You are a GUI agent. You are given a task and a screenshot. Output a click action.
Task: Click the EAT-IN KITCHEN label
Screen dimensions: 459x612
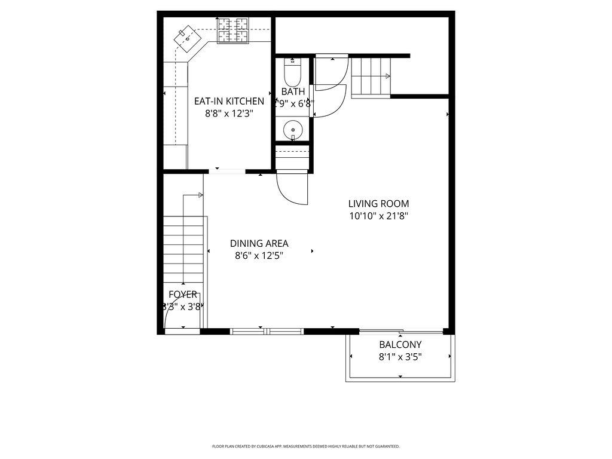(x=229, y=101)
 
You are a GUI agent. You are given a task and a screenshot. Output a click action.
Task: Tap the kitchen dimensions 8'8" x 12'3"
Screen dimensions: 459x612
(x=229, y=113)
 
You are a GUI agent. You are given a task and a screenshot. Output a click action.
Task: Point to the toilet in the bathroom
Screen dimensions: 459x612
(x=292, y=73)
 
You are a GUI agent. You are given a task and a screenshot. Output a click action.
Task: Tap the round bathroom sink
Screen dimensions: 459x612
(x=293, y=128)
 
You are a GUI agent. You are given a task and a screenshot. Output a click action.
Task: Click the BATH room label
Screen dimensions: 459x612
(x=293, y=91)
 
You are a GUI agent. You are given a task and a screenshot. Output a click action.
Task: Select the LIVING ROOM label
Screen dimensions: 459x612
(x=378, y=204)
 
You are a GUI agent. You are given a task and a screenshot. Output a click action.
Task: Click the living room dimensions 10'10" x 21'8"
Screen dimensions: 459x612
(x=378, y=216)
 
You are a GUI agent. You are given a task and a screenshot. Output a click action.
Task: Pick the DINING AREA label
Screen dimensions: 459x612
(x=259, y=243)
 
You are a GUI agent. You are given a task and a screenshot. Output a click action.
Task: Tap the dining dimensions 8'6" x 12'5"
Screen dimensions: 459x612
(x=259, y=256)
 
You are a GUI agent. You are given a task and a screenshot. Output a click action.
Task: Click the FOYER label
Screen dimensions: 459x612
(x=182, y=294)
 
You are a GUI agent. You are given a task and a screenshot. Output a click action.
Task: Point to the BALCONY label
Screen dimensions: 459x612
(x=400, y=345)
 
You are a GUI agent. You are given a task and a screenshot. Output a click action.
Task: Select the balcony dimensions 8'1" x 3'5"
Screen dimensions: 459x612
(x=400, y=357)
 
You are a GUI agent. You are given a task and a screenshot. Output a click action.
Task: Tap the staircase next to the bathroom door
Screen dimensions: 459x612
(x=371, y=76)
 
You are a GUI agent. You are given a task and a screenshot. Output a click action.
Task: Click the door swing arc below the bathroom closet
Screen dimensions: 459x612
(x=292, y=188)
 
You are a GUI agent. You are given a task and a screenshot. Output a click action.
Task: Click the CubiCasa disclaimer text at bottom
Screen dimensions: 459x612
(x=305, y=446)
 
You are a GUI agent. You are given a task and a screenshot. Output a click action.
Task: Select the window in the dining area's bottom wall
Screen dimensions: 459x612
(x=267, y=331)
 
